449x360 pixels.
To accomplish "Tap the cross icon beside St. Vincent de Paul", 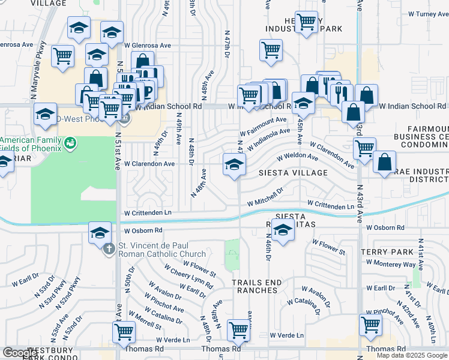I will (109, 248).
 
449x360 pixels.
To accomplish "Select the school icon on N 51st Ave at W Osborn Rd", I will (100, 233).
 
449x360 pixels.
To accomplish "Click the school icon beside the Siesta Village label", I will (234, 166).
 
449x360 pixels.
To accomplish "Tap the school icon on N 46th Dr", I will (282, 230).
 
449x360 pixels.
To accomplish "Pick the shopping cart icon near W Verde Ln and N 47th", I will (239, 330).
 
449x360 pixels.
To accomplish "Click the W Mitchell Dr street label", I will (265, 197).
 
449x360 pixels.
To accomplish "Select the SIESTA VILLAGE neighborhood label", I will (293, 173).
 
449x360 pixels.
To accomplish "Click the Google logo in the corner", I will (20, 353).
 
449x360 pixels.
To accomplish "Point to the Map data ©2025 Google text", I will (411, 355).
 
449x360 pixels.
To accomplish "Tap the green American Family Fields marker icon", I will (71, 143).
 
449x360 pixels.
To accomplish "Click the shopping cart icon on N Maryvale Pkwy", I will (62, 57).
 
